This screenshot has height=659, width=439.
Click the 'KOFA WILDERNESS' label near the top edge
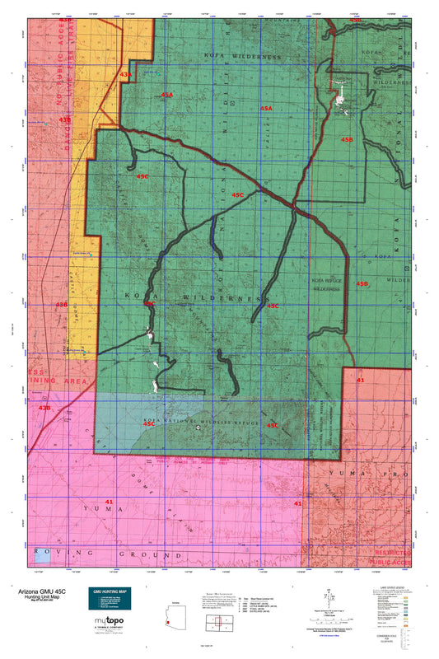tap(241, 57)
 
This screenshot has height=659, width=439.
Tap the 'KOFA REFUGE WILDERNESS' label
tap(327, 285)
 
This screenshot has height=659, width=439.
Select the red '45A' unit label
tap(266, 108)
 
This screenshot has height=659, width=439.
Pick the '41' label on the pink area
tap(109, 501)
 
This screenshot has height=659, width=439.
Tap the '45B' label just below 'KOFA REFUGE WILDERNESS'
tap(362, 283)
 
